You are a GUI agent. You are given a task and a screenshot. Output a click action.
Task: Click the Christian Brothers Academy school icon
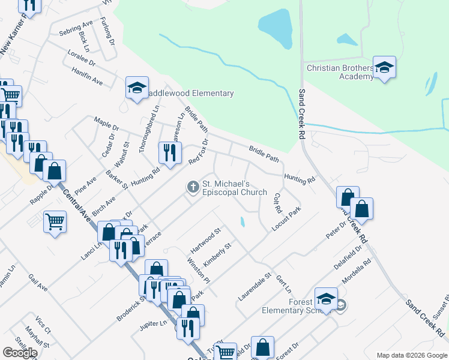click(x=384, y=67)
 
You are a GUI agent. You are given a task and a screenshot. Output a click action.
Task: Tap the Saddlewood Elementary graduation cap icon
click(x=137, y=88)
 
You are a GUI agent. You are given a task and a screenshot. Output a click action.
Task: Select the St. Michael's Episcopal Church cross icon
click(x=193, y=187)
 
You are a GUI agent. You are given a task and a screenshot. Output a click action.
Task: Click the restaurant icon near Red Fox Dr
click(x=169, y=152)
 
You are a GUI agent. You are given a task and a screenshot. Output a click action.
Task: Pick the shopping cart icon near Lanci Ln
click(x=55, y=222)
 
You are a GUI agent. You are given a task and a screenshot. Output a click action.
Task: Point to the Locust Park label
click(x=286, y=220)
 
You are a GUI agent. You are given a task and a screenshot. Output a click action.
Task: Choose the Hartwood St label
click(x=206, y=239)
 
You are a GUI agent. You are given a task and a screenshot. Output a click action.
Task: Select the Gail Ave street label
click(x=38, y=283)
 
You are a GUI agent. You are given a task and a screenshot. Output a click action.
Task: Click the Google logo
click(x=20, y=352)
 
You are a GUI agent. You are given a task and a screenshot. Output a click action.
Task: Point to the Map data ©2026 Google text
click(x=411, y=355)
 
